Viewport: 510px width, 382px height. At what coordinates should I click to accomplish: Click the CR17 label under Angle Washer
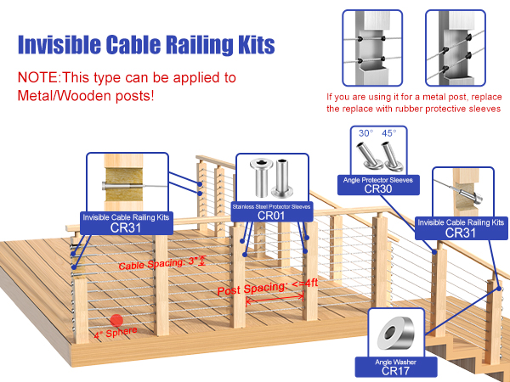(397, 371)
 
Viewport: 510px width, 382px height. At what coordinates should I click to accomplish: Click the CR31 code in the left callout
(126, 228)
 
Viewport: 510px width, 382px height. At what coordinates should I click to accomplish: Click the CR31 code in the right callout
(460, 233)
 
